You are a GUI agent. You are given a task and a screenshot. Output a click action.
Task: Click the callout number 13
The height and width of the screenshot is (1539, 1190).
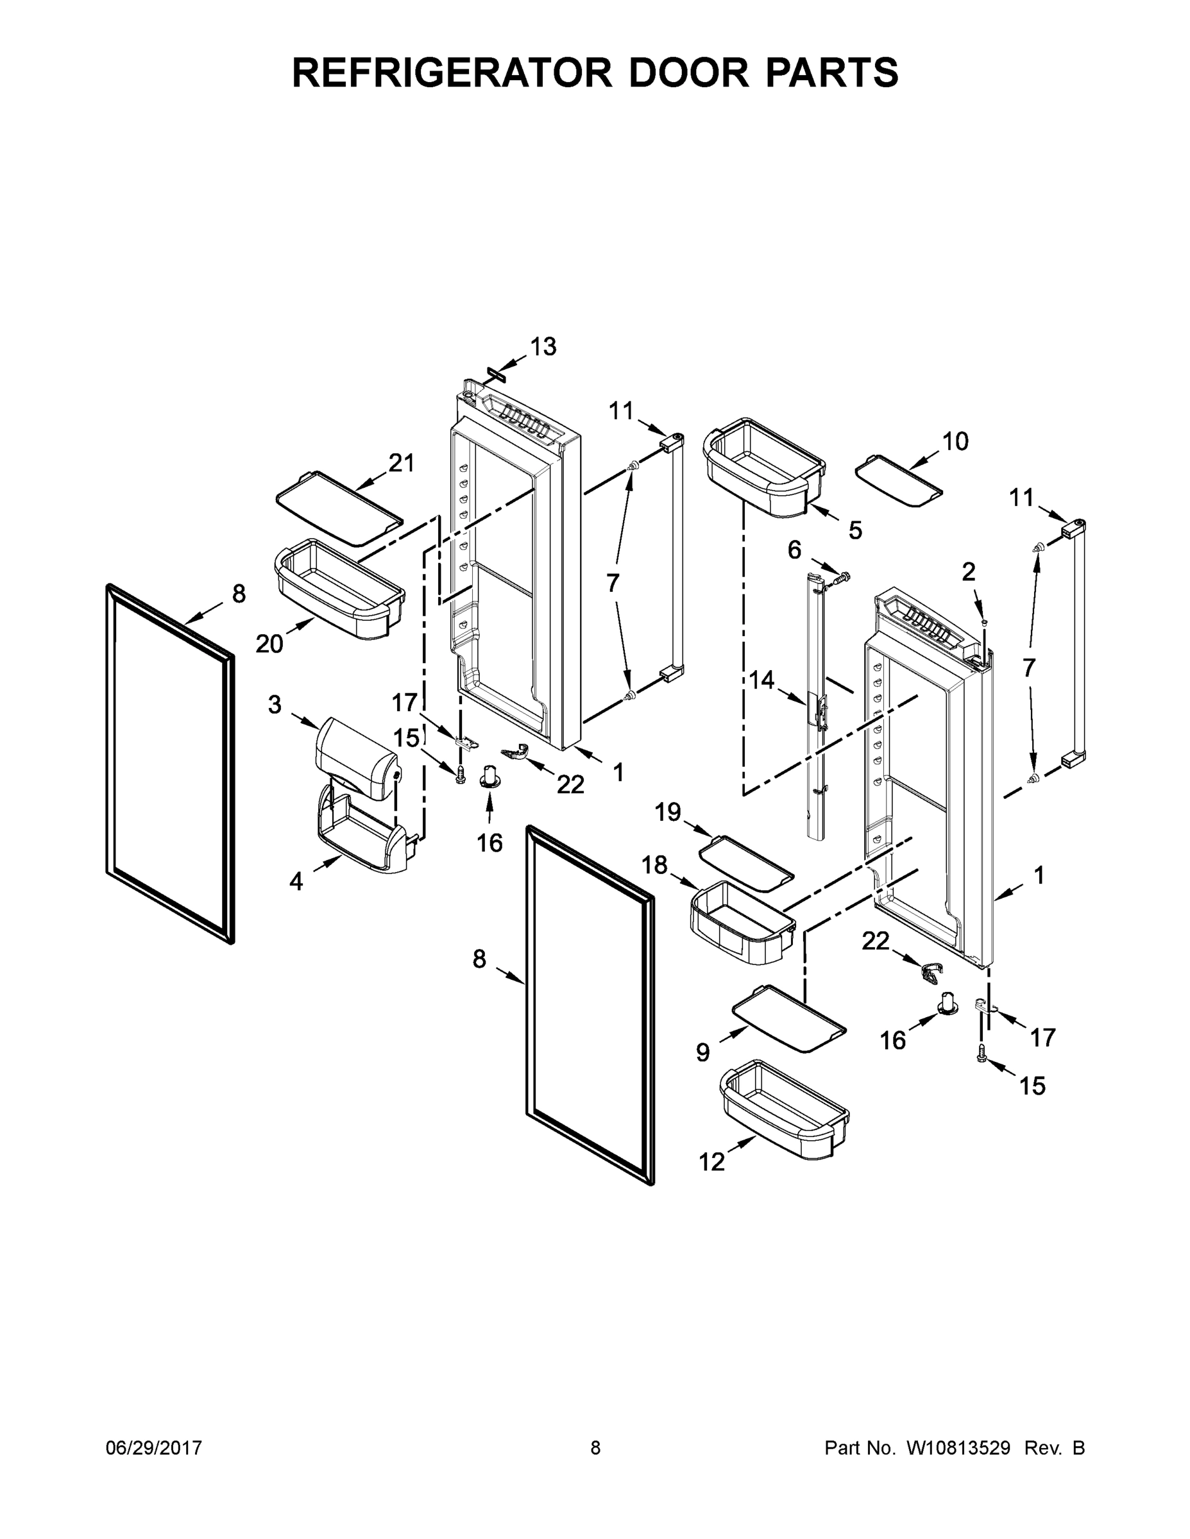click(x=543, y=347)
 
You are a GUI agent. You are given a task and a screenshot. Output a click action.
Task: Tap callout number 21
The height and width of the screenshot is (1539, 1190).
click(x=401, y=463)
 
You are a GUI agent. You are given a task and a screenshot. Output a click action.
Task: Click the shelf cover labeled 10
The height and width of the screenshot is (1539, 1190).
click(x=898, y=482)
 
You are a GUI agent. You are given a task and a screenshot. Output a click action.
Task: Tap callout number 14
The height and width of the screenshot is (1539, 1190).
click(x=761, y=680)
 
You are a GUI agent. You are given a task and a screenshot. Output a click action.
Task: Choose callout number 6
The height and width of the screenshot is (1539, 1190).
click(x=794, y=550)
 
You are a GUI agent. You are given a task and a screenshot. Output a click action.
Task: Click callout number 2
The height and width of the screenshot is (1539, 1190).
click(x=969, y=572)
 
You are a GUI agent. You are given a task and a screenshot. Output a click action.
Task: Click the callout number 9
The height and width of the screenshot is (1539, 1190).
click(x=703, y=1053)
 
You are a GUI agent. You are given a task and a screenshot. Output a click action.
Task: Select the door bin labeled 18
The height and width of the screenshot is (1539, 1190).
click(x=742, y=923)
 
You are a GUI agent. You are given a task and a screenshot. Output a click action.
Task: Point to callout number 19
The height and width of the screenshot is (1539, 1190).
click(x=668, y=812)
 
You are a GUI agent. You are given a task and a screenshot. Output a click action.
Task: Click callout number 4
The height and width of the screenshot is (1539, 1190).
click(x=296, y=881)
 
